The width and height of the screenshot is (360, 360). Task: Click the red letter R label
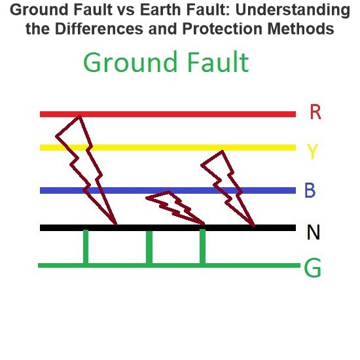point(315,112)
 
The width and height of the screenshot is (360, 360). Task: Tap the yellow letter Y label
point(312,151)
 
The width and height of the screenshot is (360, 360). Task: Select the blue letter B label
point(310,190)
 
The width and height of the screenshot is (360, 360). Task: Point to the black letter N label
point(314,232)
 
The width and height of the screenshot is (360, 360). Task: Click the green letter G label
point(312,268)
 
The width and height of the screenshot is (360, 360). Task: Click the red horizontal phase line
point(168,114)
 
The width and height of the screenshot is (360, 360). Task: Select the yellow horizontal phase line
point(168,147)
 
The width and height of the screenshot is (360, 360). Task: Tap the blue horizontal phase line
point(168,190)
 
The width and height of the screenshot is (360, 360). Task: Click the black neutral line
point(168,228)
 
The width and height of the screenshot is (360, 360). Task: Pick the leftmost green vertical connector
point(86,247)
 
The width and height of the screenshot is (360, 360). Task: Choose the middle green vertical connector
point(149,247)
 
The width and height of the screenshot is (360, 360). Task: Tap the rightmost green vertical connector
point(202,247)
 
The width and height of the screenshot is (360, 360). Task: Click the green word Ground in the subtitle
point(130,62)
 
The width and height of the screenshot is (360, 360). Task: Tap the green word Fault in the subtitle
point(218,62)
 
